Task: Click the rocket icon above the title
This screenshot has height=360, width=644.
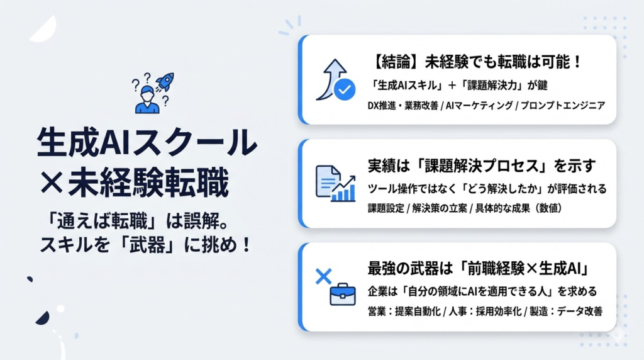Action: point(165,82)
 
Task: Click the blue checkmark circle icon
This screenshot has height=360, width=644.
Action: point(343,90)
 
